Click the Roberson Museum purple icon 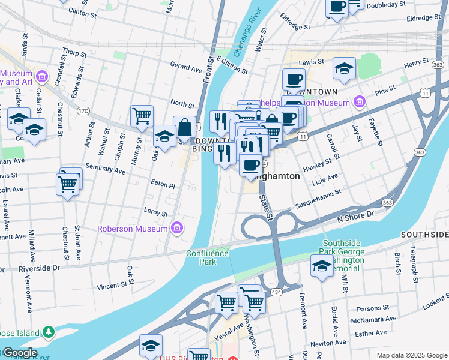click(x=176, y=229)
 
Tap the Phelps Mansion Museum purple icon click(x=359, y=103)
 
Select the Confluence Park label click(x=208, y=257)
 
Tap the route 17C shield click(x=83, y=110)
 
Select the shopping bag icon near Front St click(x=185, y=127)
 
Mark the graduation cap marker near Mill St click(x=322, y=265)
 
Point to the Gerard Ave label click(x=186, y=68)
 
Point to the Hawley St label click(x=318, y=165)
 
